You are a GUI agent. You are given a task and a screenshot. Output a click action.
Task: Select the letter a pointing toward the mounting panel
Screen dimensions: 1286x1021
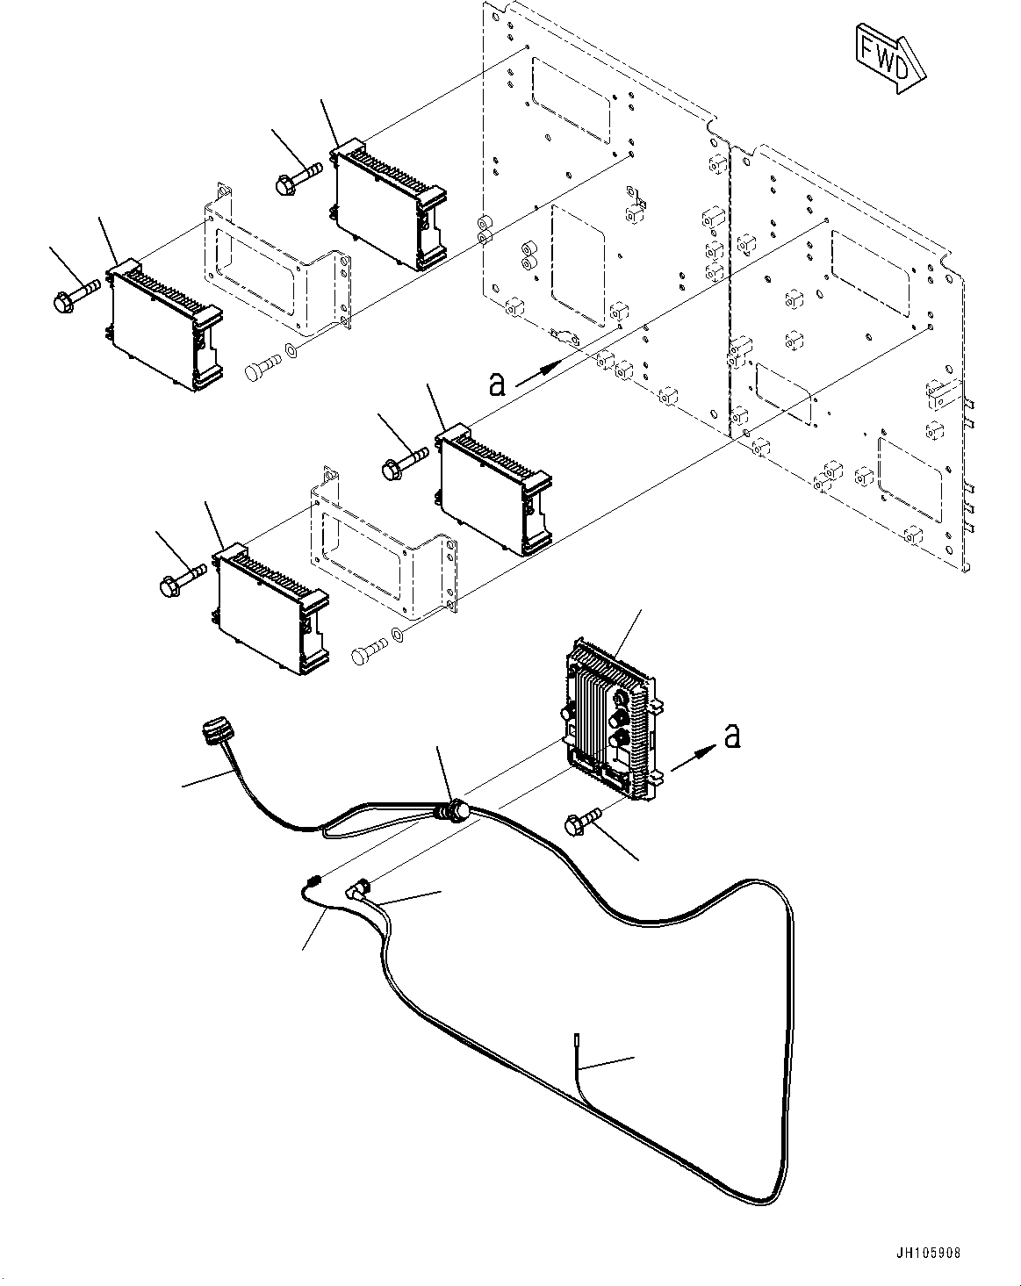click(x=498, y=383)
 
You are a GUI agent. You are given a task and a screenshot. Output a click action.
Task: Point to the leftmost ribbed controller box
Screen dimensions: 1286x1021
click(x=163, y=324)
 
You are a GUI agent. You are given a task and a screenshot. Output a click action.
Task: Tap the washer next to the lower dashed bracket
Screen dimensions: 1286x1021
click(x=399, y=635)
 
